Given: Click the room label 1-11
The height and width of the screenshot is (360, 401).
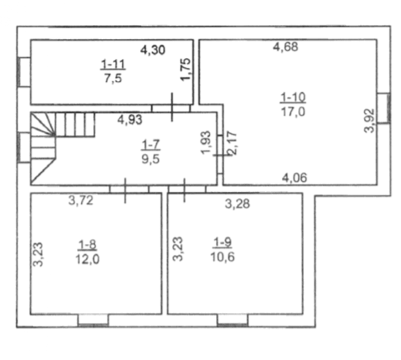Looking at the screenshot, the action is [x=113, y=64].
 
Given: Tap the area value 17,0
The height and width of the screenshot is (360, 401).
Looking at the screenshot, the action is [x=293, y=112].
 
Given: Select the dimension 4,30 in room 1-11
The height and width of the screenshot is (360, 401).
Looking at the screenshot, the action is [x=153, y=50].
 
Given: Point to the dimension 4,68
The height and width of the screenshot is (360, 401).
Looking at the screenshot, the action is [x=286, y=47].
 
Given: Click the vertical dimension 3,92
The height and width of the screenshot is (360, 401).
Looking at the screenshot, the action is [x=369, y=121].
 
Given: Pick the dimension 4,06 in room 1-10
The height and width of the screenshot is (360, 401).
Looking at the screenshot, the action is [x=295, y=177].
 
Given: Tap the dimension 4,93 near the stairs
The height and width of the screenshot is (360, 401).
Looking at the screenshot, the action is [x=130, y=120].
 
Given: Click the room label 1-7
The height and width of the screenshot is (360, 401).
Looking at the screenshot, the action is [x=151, y=145].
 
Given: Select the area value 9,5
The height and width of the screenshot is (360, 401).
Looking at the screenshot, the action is [x=151, y=159].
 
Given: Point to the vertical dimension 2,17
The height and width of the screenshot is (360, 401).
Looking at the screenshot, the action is [x=232, y=143].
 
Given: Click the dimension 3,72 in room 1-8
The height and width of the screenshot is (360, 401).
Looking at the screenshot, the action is [x=81, y=200].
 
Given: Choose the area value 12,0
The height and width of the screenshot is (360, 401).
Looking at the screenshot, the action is [x=88, y=259].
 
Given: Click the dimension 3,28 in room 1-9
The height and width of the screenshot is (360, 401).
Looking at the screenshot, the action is [x=237, y=204].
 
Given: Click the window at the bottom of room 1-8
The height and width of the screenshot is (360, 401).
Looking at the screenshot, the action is [x=93, y=320].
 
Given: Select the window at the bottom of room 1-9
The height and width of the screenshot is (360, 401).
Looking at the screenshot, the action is [x=232, y=320].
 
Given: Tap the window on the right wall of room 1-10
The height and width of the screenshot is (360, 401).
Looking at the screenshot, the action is [x=384, y=108].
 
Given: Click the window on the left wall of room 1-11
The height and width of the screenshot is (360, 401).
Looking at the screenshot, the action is [x=24, y=72].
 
